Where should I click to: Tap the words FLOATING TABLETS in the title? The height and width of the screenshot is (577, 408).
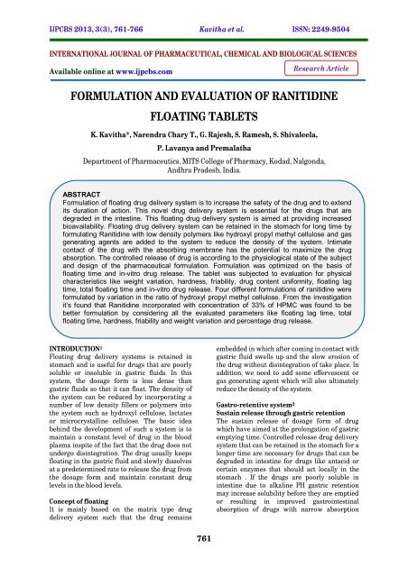[203, 116]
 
